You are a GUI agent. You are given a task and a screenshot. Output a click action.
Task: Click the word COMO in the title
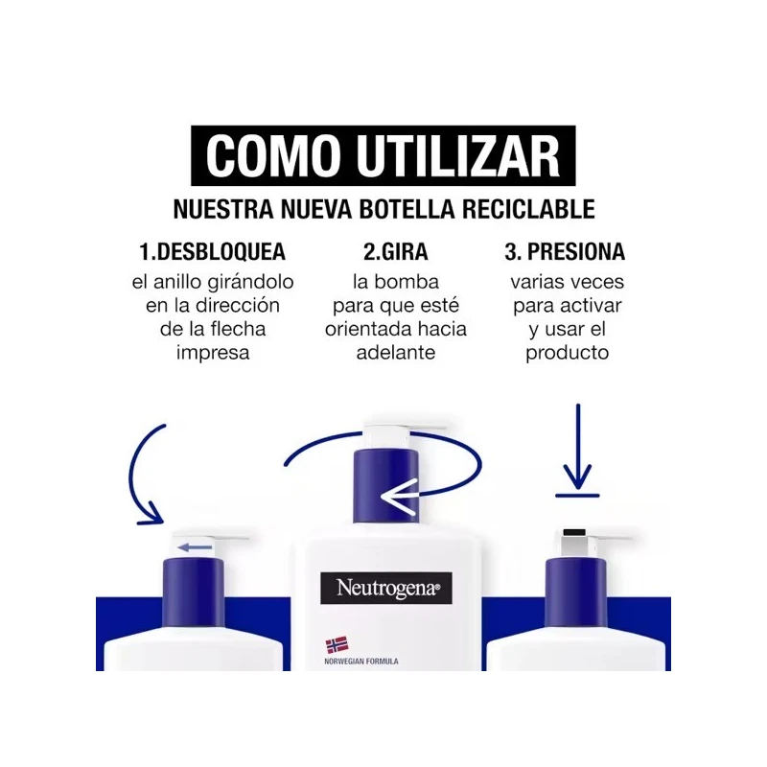click(273, 155)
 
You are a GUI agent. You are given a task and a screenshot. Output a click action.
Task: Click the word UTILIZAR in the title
click(458, 155)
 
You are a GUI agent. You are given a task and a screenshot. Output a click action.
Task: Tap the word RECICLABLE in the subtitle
click(528, 209)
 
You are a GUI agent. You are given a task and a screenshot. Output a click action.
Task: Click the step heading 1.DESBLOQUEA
click(212, 252)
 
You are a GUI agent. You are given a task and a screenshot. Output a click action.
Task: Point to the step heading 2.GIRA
click(396, 252)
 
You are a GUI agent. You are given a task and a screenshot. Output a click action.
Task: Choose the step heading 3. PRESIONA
click(565, 252)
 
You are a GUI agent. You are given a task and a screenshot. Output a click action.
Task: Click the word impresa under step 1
click(213, 353)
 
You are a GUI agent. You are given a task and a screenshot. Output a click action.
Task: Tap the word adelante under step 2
click(396, 353)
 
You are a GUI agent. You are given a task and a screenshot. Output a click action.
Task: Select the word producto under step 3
click(568, 353)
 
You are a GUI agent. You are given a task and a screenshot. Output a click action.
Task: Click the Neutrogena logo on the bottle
click(386, 588)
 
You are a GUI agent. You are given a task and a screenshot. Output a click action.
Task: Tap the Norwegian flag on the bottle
click(337, 644)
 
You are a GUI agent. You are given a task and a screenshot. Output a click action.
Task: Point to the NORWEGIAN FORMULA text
click(361, 662)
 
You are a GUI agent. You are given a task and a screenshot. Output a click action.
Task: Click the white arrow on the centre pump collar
click(400, 497)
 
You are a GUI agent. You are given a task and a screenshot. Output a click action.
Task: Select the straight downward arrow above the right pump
click(578, 446)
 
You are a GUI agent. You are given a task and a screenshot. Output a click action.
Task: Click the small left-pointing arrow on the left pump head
click(195, 547)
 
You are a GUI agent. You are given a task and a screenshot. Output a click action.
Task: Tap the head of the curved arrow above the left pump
click(151, 514)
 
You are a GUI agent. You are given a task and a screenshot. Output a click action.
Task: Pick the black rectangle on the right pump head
click(574, 532)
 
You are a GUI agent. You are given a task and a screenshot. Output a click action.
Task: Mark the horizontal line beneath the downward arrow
click(577, 496)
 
